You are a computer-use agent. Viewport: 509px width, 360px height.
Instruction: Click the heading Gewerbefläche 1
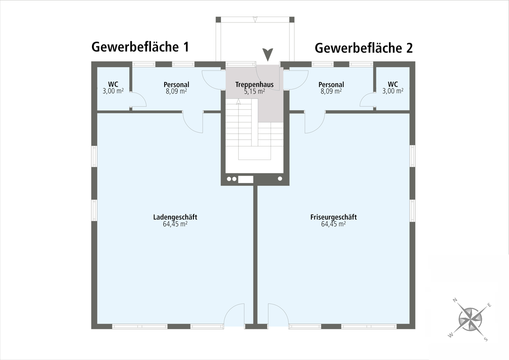(x=140, y=47)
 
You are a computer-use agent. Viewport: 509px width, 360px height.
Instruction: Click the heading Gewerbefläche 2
(x=364, y=48)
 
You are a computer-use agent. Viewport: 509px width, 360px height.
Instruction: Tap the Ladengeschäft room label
(x=175, y=217)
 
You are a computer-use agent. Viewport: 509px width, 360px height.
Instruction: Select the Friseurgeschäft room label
(x=333, y=217)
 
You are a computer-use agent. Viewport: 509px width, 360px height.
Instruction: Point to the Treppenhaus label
(x=255, y=84)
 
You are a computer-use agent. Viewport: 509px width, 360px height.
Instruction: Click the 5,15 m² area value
(x=255, y=91)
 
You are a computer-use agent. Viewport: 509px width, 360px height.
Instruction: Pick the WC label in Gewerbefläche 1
(x=113, y=84)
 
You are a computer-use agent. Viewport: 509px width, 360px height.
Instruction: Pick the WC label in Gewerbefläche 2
(x=393, y=84)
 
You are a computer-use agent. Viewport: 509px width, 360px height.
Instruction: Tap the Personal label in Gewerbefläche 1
(x=176, y=84)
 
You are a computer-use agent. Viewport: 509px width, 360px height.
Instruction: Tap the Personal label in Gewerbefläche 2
(x=331, y=84)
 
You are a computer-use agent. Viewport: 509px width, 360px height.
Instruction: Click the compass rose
(x=470, y=320)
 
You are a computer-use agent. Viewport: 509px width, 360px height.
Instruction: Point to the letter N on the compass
(x=455, y=301)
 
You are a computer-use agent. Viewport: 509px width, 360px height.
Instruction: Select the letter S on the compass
(x=486, y=339)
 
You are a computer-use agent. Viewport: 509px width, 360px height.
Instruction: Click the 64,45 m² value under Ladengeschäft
(x=175, y=224)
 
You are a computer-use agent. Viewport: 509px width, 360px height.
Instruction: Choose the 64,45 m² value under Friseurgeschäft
(x=333, y=224)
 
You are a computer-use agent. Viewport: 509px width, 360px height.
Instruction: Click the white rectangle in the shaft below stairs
(x=246, y=179)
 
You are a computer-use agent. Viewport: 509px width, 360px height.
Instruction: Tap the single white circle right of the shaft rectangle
(x=280, y=179)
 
